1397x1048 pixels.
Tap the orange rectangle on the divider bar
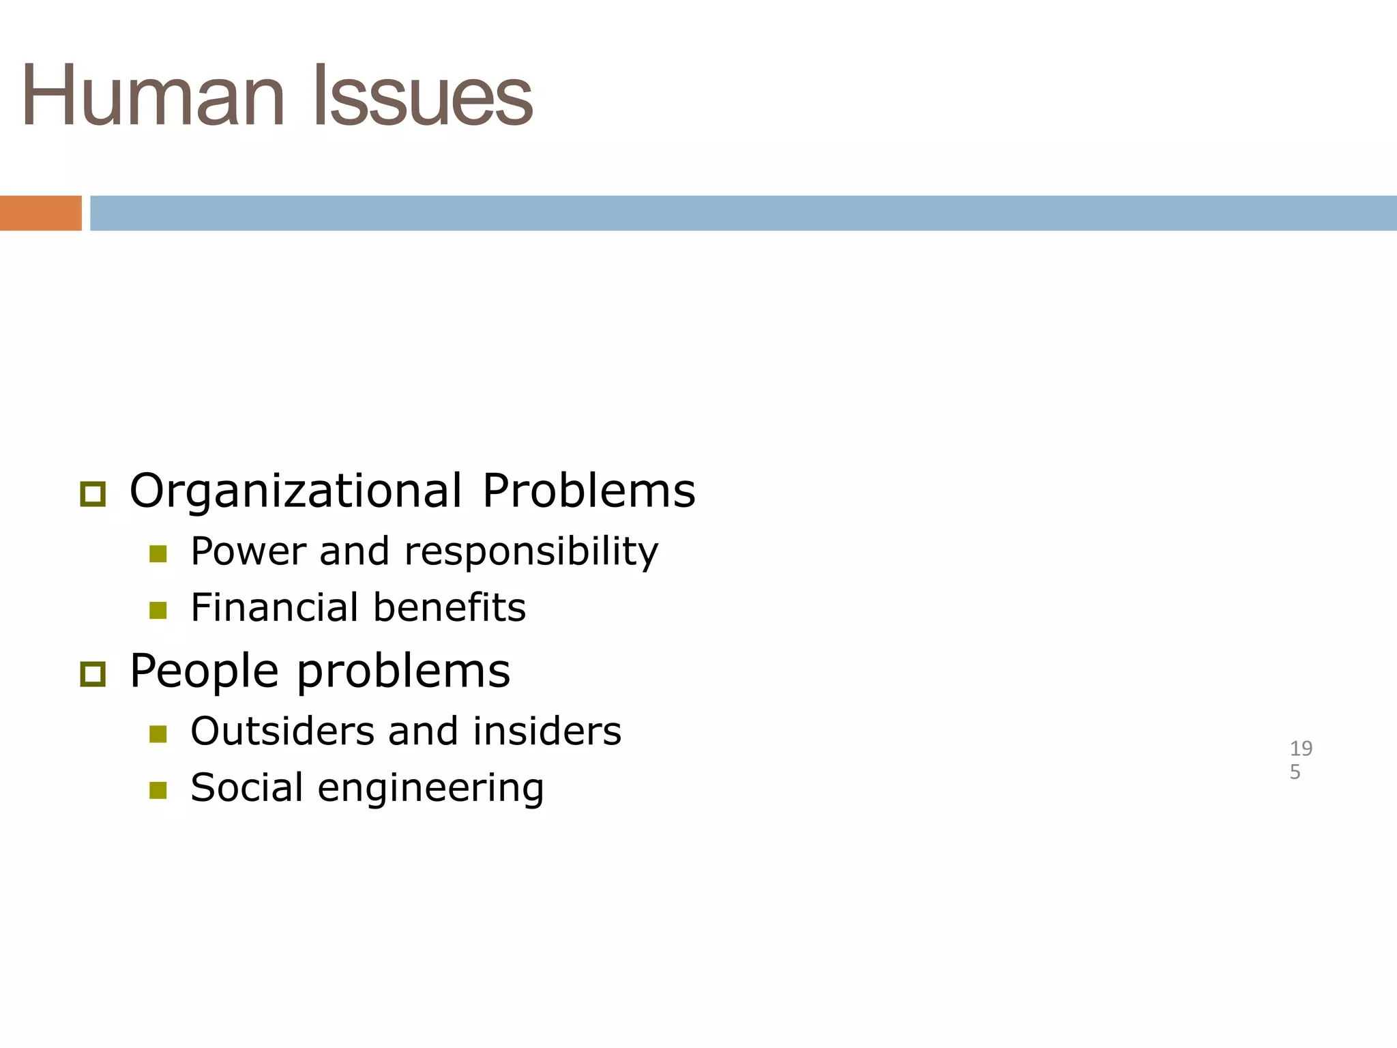pyautogui.click(x=40, y=213)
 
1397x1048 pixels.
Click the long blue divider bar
pyautogui.click(x=743, y=213)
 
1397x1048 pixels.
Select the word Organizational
pyautogui.click(x=295, y=491)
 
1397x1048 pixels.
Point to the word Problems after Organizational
pyautogui.click(x=589, y=491)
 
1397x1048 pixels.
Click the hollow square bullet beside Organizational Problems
pyautogui.click(x=93, y=494)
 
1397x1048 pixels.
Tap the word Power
pyautogui.click(x=248, y=551)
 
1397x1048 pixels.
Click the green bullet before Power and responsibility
pyautogui.click(x=158, y=553)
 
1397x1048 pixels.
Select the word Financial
pyautogui.click(x=274, y=607)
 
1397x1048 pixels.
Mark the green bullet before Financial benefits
pyautogui.click(x=158, y=610)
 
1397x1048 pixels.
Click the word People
pyautogui.click(x=204, y=671)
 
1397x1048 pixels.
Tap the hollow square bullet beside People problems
pyautogui.click(x=93, y=674)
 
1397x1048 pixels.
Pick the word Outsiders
pyautogui.click(x=282, y=731)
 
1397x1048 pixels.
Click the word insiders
pyautogui.click(x=547, y=731)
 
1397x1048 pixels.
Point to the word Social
pyautogui.click(x=246, y=787)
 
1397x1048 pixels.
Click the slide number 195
pyautogui.click(x=1300, y=760)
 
